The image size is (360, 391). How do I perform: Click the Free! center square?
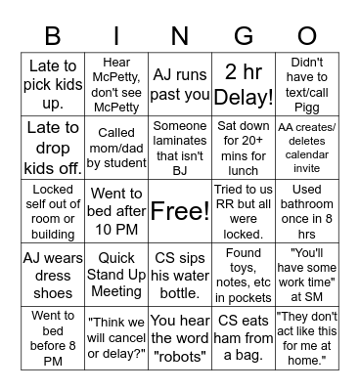pos(179,211)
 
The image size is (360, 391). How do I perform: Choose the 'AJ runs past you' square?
pos(179,83)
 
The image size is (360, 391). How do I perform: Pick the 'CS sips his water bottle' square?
pos(179,275)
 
